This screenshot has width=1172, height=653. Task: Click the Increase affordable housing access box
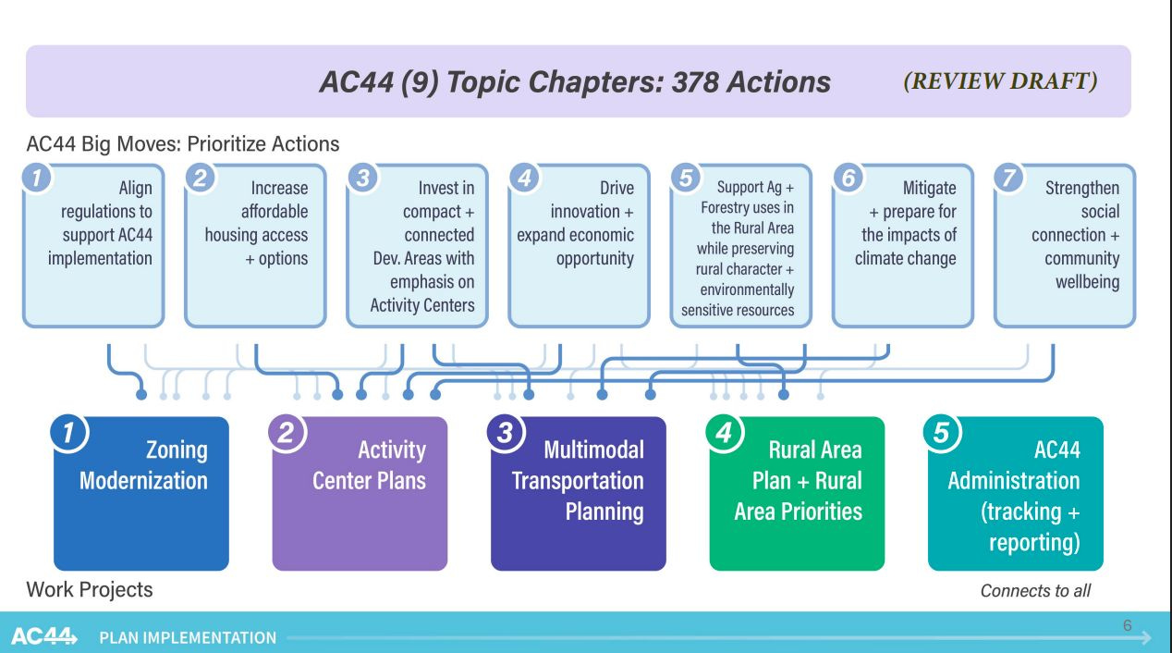coord(255,245)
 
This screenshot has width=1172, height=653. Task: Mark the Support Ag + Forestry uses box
coord(740,245)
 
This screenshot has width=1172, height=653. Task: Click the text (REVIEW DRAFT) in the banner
coord(1000,81)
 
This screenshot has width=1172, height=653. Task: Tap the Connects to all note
coord(1035,590)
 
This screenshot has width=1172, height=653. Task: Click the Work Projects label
coord(90,589)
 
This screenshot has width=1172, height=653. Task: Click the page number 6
coord(1127,626)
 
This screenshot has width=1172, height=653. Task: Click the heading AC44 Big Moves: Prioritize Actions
coord(183,144)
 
